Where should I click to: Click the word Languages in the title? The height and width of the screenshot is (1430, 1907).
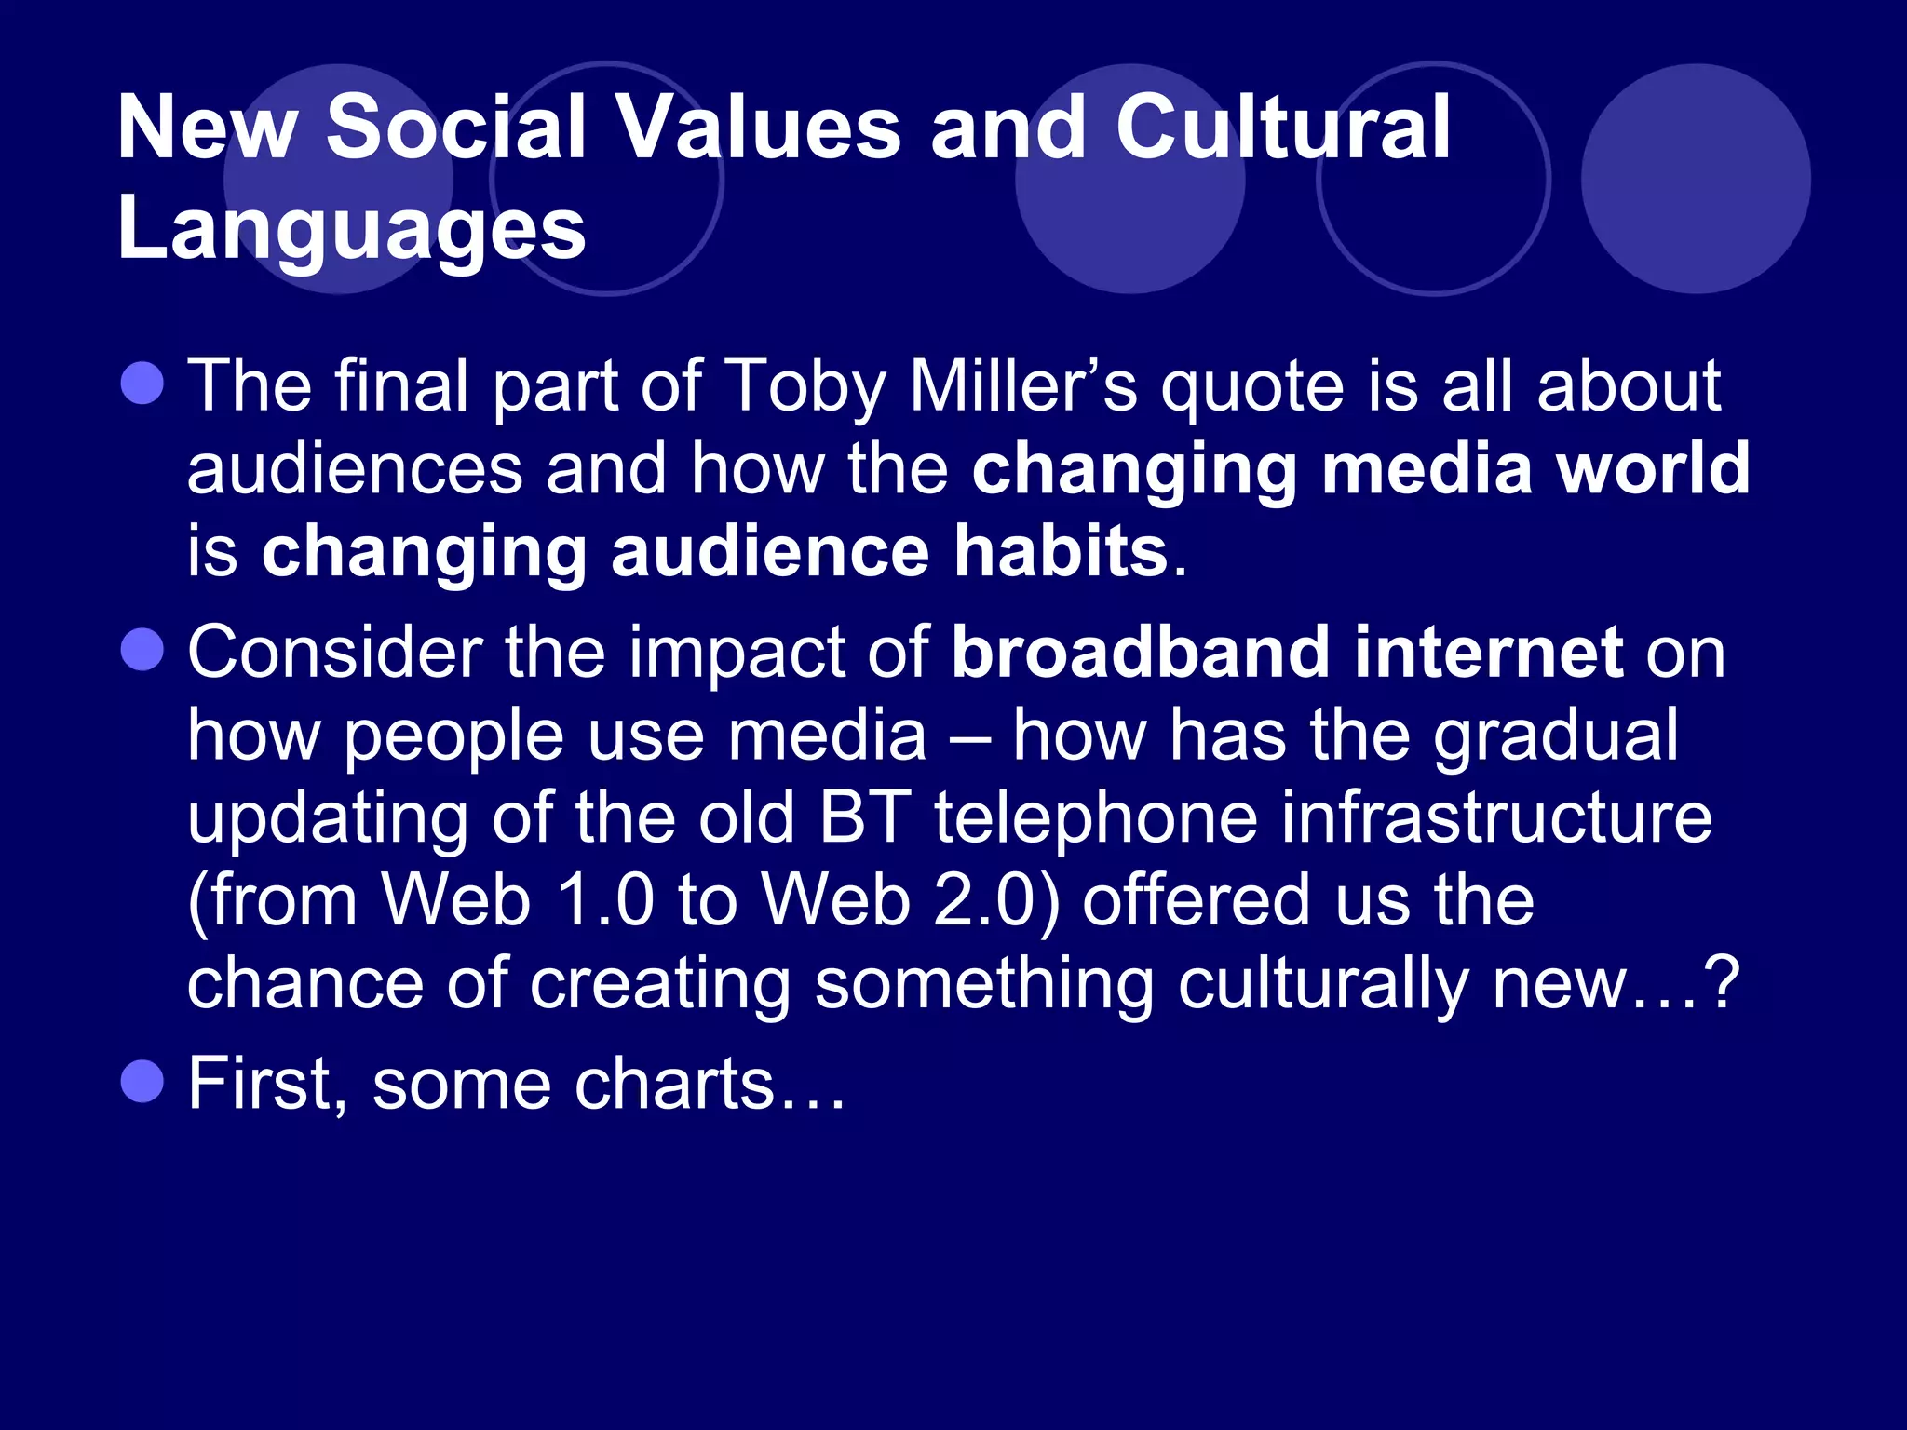351,230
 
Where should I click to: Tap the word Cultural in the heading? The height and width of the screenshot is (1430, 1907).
1283,128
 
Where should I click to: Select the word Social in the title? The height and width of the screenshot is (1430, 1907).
456,128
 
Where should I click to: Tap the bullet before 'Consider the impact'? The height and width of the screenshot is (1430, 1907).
142,649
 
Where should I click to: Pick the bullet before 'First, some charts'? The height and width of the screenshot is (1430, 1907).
142,1081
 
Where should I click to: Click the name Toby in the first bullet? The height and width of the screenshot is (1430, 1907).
805,385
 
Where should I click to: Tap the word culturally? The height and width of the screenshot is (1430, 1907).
1322,984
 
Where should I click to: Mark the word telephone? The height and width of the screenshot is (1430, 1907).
1096,817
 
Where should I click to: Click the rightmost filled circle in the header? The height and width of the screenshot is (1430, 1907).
1696,179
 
